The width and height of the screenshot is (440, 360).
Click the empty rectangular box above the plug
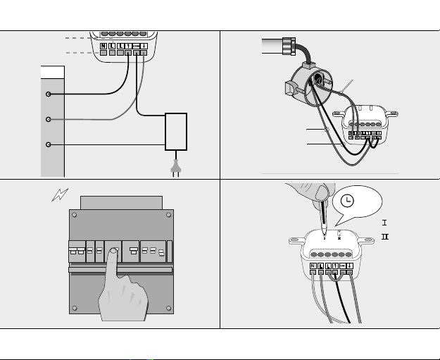tap(176, 131)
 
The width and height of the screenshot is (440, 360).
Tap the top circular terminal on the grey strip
tap(48, 94)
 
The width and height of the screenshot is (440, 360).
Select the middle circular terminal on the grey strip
tap(48, 120)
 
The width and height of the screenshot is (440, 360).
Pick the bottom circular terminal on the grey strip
tap(48, 145)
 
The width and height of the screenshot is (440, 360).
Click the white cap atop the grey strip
tap(53, 73)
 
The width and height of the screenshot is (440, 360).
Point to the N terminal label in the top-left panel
tap(103, 46)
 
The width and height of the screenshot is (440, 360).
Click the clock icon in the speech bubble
tap(347, 200)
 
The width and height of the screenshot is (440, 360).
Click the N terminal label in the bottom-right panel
tap(312, 266)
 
